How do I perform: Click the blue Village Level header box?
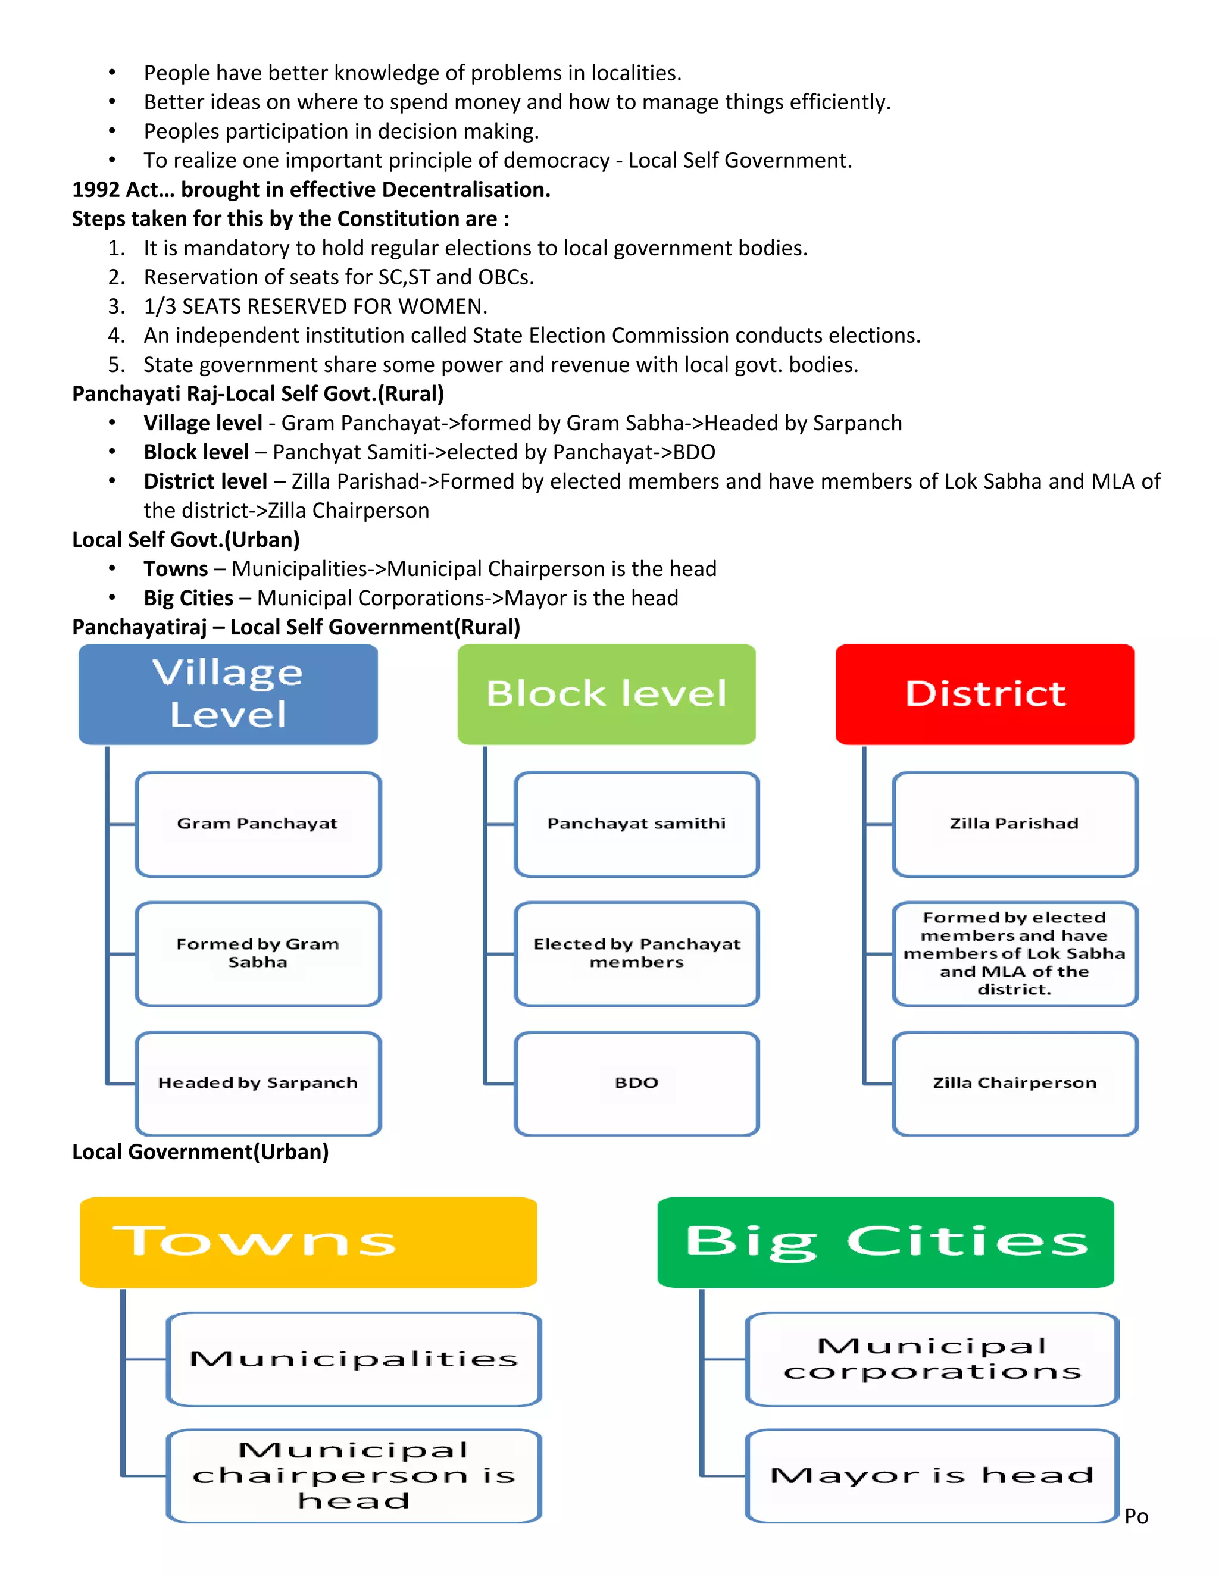(227, 694)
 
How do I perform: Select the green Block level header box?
(606, 694)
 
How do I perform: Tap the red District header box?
(984, 694)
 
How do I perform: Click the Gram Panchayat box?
(258, 824)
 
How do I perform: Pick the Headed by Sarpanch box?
(258, 1083)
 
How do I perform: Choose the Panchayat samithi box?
(636, 824)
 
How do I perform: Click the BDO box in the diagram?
(636, 1083)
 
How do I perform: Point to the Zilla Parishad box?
(1015, 824)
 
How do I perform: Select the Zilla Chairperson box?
(1015, 1083)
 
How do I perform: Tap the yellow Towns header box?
(308, 1242)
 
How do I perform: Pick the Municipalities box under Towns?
(354, 1359)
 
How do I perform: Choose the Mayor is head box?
(932, 1475)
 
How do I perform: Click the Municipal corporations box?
(932, 1359)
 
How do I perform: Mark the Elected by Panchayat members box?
(636, 953)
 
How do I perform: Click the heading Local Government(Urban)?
(200, 1152)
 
